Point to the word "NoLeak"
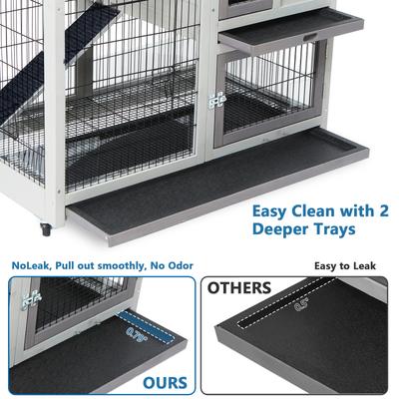coord(29,265)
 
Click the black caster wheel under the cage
coord(46,230)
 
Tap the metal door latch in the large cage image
coord(215,100)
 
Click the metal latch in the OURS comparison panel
coord(31,296)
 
